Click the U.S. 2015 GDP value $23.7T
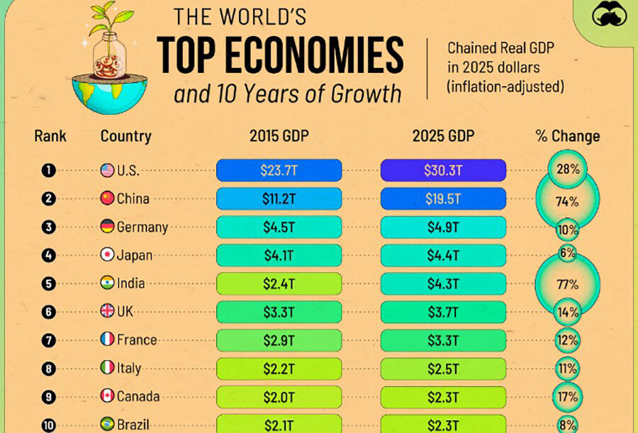pos(279,171)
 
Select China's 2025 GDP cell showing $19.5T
pos(443,199)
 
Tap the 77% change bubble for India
pos(567,285)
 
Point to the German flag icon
pos(107,227)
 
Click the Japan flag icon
pos(107,255)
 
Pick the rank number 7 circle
pos(48,339)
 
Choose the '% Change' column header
pos(567,136)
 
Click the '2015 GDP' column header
pos(279,136)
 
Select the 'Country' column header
pos(125,136)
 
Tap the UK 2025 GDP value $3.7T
pos(443,312)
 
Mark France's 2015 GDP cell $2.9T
pos(279,339)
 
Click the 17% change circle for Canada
pos(567,396)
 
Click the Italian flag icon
pos(107,368)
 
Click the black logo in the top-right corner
pos(609,16)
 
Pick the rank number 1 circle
pos(48,171)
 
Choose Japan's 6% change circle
pos(567,254)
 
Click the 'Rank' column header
pos(50,136)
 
